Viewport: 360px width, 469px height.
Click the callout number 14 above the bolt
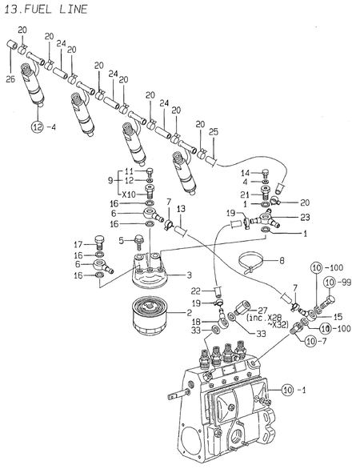tap(246, 173)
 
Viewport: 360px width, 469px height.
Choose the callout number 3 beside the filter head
tap(190, 275)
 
